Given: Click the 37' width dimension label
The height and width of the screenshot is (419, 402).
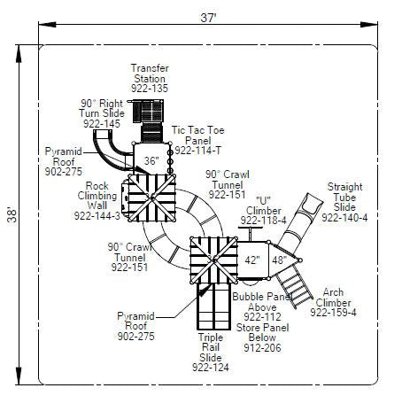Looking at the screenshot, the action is pos(209,18).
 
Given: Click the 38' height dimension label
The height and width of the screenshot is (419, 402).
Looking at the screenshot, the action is pos(12,214).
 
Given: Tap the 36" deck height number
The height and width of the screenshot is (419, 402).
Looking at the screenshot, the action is pos(151,161).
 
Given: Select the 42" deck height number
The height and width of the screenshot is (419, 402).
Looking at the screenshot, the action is pos(252,260).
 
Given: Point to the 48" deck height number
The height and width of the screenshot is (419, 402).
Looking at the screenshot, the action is pos(279,260).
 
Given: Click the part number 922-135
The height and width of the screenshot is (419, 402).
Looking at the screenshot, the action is pos(150,89).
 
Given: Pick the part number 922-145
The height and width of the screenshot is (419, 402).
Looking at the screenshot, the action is pos(102,124).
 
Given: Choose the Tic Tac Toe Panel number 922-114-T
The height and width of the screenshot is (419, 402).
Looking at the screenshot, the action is pos(197,151).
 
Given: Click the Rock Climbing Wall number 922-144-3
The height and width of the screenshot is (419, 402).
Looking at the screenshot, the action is pos(97,216).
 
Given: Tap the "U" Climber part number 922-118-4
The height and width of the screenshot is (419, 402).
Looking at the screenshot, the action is pos(263,221).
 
